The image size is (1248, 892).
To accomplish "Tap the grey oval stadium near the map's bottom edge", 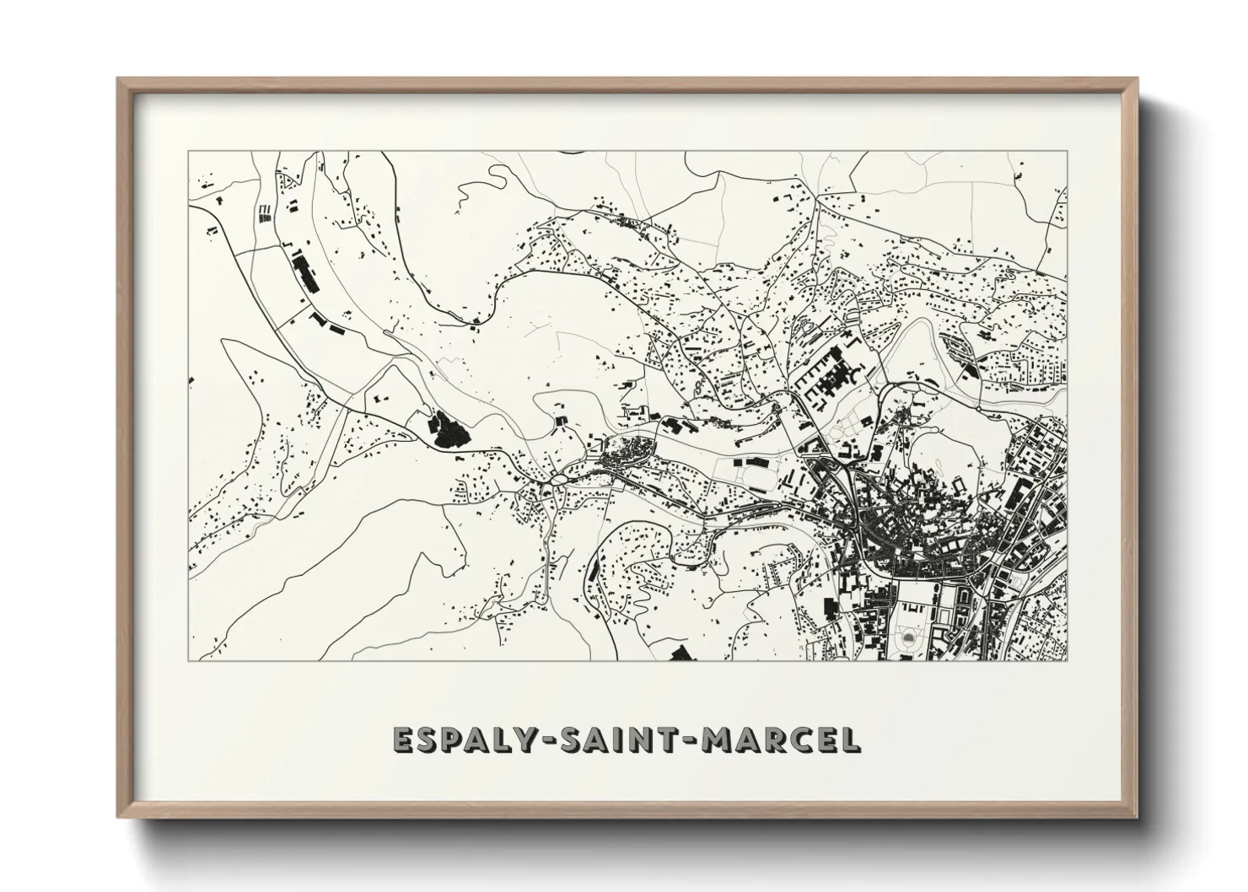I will pyautogui.click(x=908, y=638).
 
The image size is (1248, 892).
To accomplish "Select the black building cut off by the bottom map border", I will pyautogui.click(x=680, y=653).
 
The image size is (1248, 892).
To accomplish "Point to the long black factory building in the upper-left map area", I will pyautogui.click(x=305, y=273).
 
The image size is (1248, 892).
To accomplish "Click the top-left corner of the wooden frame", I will pyautogui.click(x=118, y=79).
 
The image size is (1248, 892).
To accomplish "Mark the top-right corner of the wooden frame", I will pyautogui.click(x=1138, y=79).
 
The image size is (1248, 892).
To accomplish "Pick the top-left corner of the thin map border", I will pyautogui.click(x=188, y=151).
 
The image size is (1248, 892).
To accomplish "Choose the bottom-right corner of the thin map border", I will pyautogui.click(x=1067, y=660).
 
